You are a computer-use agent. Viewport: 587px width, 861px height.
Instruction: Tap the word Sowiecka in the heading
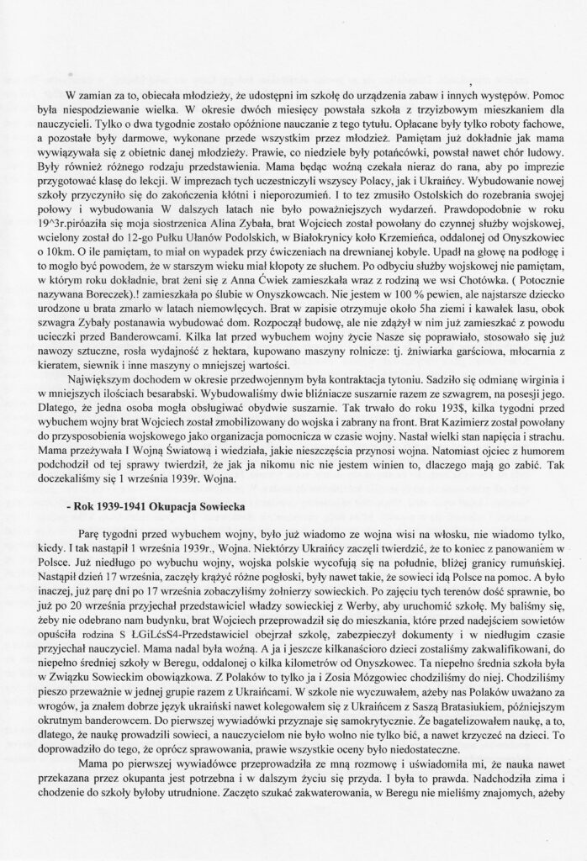[213, 510]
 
